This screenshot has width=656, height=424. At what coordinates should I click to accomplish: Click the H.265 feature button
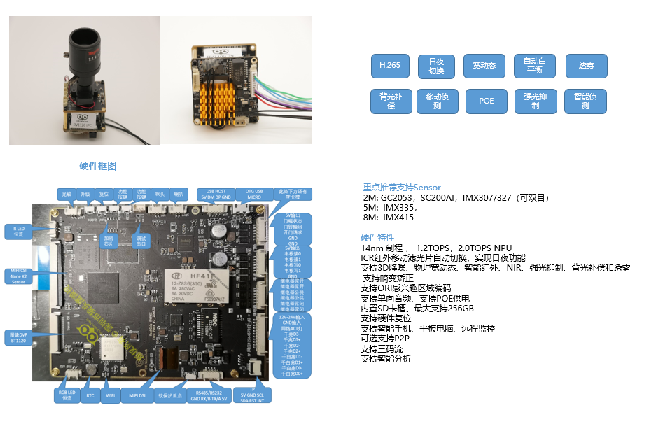[390, 66]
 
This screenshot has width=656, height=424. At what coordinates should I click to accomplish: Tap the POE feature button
[486, 101]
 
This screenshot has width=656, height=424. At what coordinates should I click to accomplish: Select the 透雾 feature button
[586, 66]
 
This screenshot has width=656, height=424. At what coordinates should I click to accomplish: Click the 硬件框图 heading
[98, 166]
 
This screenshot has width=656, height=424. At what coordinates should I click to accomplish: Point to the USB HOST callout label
[211, 194]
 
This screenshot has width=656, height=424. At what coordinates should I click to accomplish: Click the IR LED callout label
[18, 232]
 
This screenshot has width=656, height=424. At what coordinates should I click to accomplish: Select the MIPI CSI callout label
[19, 276]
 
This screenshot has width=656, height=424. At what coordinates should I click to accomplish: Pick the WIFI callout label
[109, 396]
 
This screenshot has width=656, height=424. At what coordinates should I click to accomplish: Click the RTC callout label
[90, 396]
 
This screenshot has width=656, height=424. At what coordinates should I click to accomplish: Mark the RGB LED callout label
[67, 396]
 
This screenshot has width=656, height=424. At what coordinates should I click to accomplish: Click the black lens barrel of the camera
[84, 59]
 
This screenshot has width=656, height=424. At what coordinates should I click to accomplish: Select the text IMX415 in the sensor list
[399, 218]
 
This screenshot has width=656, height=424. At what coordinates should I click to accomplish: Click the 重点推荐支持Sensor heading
[402, 188]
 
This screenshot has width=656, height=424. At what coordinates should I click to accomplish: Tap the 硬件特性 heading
[377, 238]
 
